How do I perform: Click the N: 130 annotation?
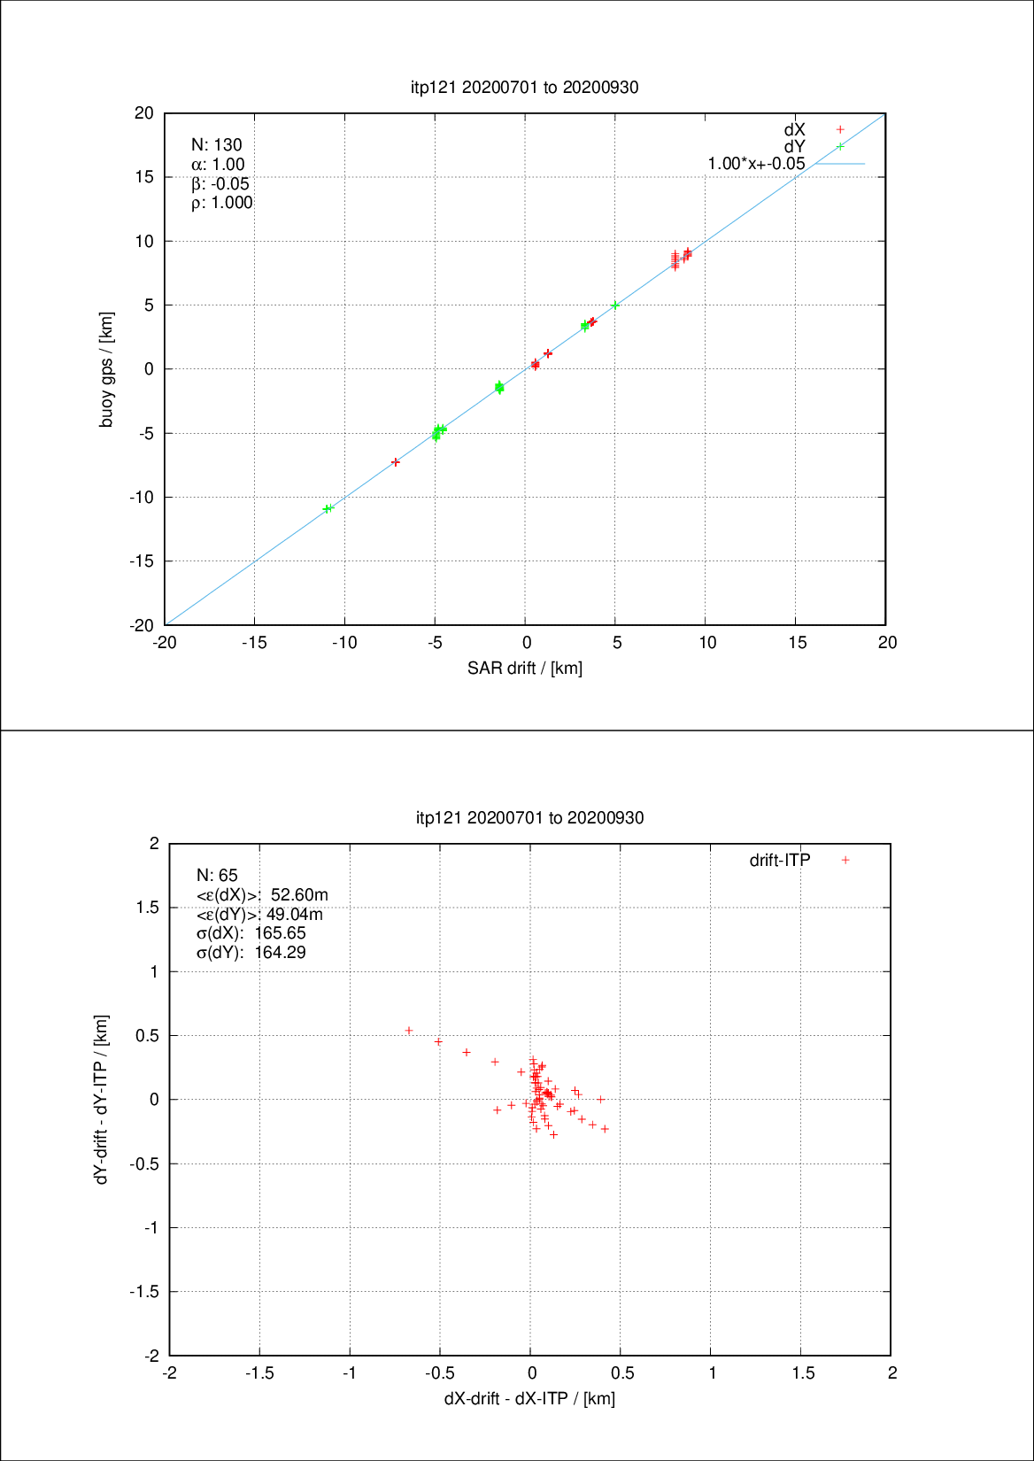point(216,145)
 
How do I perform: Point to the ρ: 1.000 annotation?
point(221,203)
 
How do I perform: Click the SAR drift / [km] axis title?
point(525,669)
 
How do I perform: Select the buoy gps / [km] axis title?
point(106,369)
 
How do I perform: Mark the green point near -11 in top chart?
point(328,508)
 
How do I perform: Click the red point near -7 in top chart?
point(396,462)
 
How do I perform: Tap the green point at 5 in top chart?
point(615,305)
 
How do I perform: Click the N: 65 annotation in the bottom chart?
point(217,876)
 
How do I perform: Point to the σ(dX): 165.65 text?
point(251,933)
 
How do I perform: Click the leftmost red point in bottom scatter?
point(409,1031)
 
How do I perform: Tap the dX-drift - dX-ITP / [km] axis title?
point(529,1399)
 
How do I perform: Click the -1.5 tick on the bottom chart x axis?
point(259,1373)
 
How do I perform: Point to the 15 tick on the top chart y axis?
point(144,177)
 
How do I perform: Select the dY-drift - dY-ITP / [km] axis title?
point(102,1100)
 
